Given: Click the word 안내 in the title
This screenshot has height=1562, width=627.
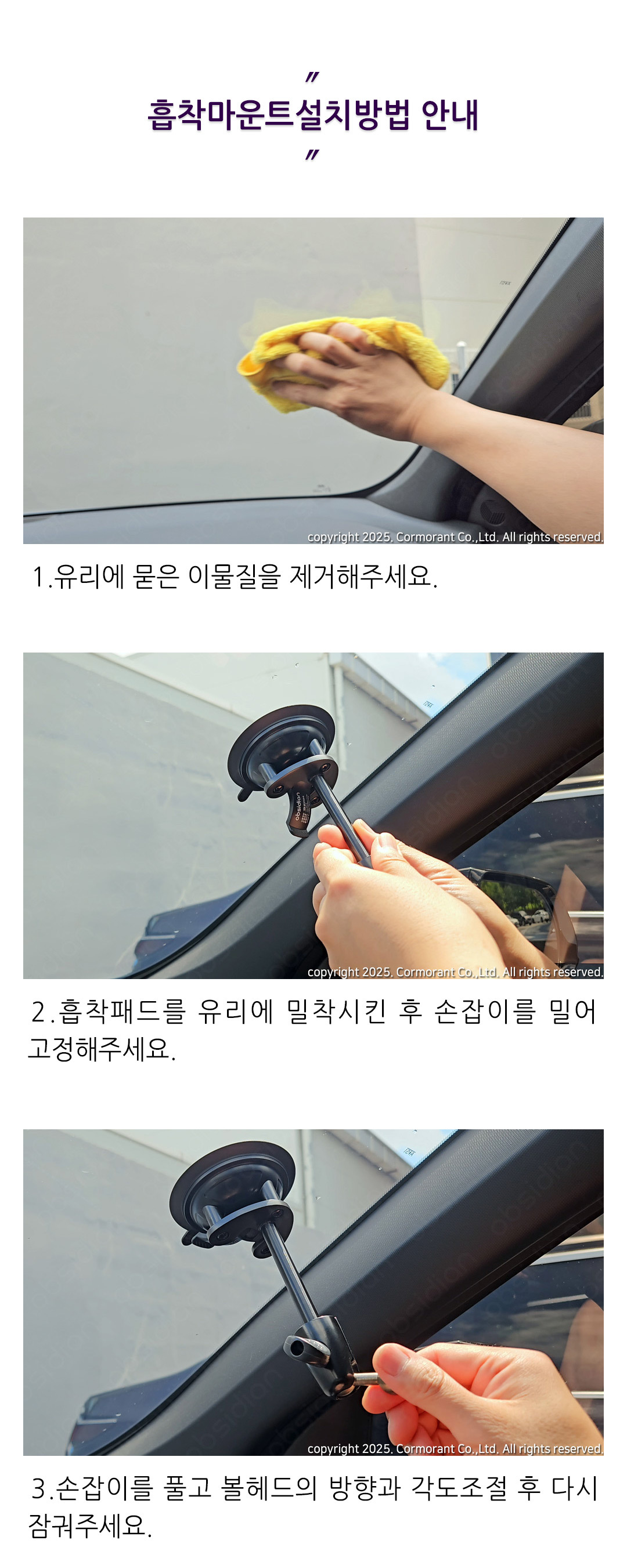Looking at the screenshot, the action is (x=450, y=115).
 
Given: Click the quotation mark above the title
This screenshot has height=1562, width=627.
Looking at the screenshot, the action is (x=312, y=77).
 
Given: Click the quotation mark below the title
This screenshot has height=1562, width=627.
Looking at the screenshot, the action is (x=312, y=155).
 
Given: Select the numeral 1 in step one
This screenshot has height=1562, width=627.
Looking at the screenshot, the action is (x=39, y=577).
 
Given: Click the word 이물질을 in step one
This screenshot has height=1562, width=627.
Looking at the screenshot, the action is (x=235, y=577).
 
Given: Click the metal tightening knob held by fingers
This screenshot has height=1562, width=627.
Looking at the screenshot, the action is (x=367, y=1379).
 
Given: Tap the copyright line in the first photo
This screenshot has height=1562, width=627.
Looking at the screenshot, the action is (x=455, y=537).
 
